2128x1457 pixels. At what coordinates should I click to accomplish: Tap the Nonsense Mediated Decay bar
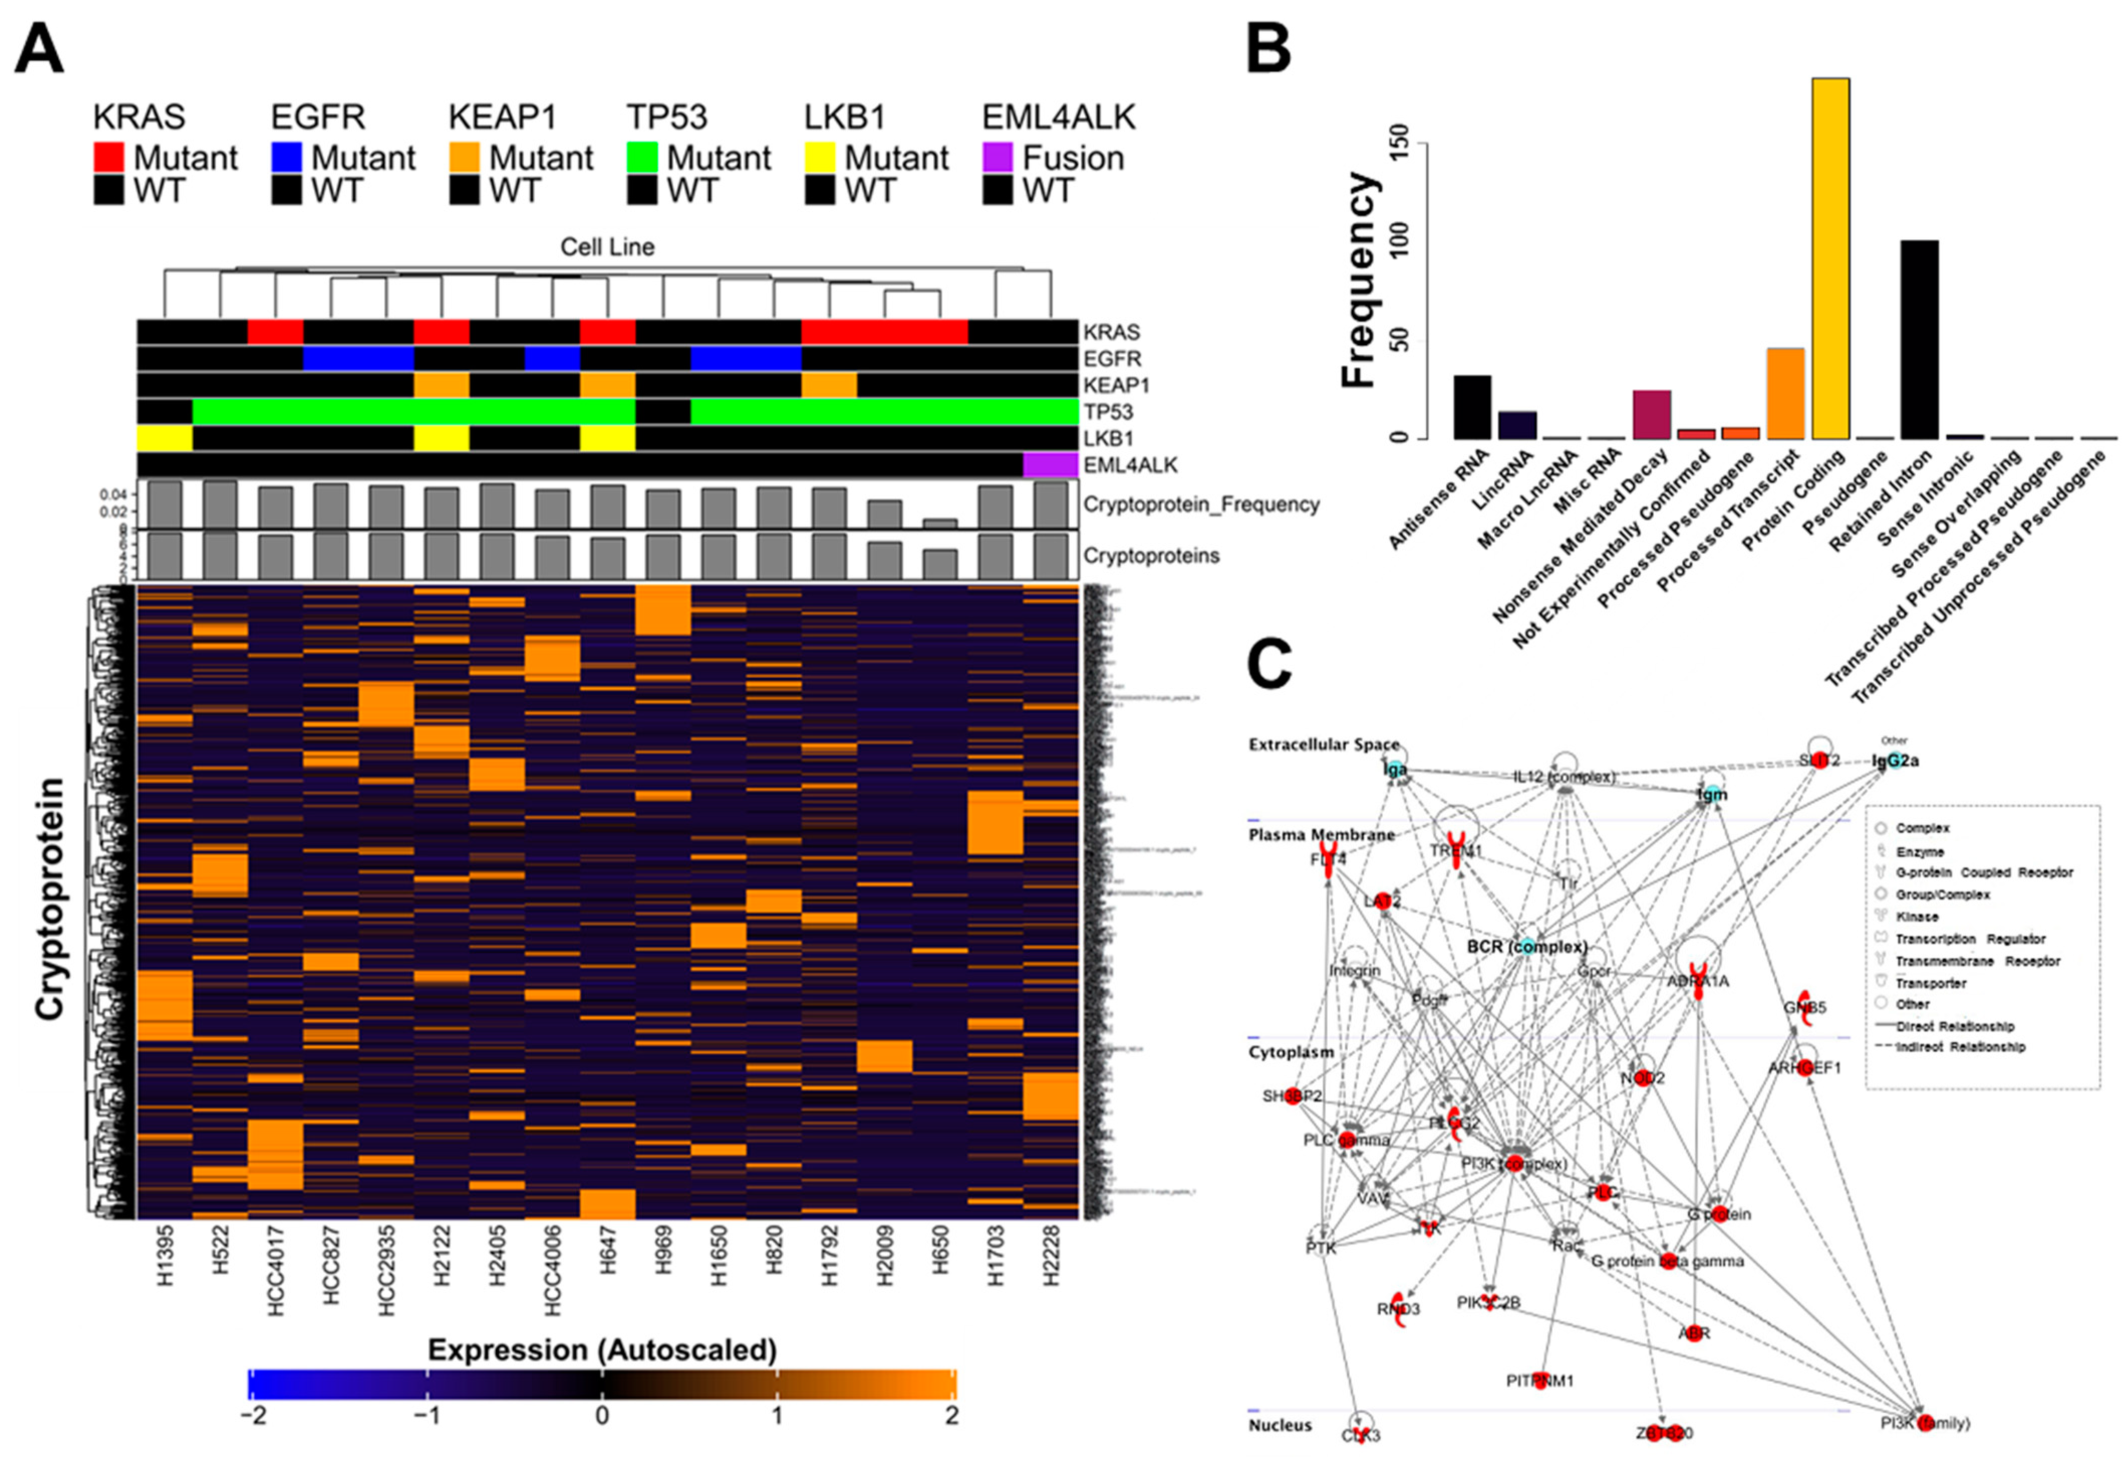click(1652, 414)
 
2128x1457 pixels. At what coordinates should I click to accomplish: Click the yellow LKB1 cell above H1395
click(165, 439)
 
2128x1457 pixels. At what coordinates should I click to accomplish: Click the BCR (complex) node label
click(1526, 946)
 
